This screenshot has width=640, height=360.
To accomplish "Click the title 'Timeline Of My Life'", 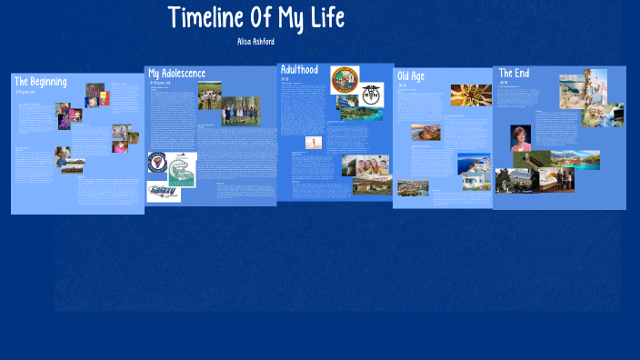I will coord(256,18).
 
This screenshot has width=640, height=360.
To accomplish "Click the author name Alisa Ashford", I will coord(256,42).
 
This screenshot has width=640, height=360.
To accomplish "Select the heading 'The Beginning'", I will coord(41,82).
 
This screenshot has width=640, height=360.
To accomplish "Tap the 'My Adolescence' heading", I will coord(177,74).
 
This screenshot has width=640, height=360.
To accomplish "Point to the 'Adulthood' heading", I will coord(299,70).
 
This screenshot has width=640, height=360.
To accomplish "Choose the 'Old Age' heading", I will coord(411,76).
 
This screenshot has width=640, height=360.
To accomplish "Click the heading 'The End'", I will coord(514,74).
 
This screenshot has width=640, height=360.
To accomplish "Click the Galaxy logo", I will coord(164,191).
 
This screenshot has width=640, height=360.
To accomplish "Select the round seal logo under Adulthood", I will coord(345,78).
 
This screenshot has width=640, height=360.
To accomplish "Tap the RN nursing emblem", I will coord(371,92).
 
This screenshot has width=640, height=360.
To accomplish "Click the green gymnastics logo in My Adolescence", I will coord(181,170).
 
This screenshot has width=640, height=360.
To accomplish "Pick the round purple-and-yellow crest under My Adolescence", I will coord(156,162).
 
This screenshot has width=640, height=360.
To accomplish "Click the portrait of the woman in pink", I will coord(520,138).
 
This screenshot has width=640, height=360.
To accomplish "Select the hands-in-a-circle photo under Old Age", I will coord(470,95).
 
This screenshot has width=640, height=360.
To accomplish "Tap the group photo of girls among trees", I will coord(241,112).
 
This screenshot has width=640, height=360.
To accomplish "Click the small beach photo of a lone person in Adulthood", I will coord(314,143).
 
